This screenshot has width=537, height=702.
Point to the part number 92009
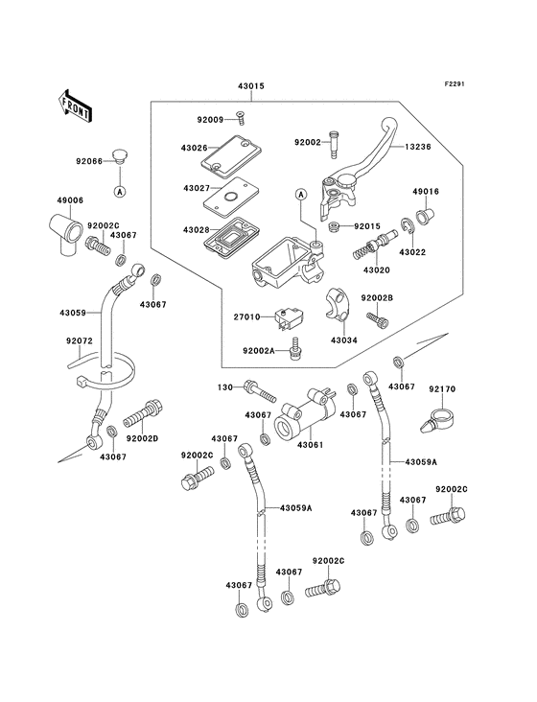pos(210,121)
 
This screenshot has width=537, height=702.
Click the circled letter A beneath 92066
pos(120,191)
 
